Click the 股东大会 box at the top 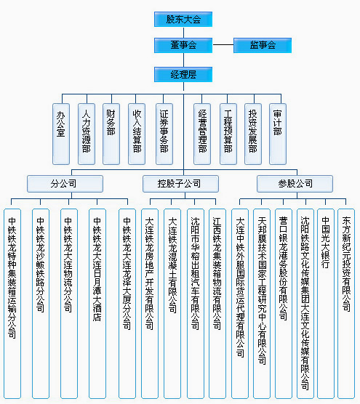click(x=183, y=20)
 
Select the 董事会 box click(x=183, y=45)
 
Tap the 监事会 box click(x=263, y=45)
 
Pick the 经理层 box click(x=183, y=75)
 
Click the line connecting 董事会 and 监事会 click(x=223, y=45)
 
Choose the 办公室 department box click(x=61, y=134)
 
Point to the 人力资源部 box click(x=87, y=134)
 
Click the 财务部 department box click(x=111, y=134)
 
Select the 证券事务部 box click(x=164, y=134)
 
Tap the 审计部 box click(x=278, y=134)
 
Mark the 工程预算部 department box click(x=228, y=134)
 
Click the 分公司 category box click(x=65, y=184)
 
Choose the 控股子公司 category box click(x=180, y=184)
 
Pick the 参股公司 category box click(x=295, y=184)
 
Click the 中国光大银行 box click(x=326, y=304)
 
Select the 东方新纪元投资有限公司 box click(x=346, y=304)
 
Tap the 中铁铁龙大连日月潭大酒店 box click(x=97, y=304)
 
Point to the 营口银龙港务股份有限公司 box click(x=284, y=304)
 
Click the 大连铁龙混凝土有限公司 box click(x=172, y=304)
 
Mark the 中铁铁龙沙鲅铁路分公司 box click(x=41, y=304)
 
